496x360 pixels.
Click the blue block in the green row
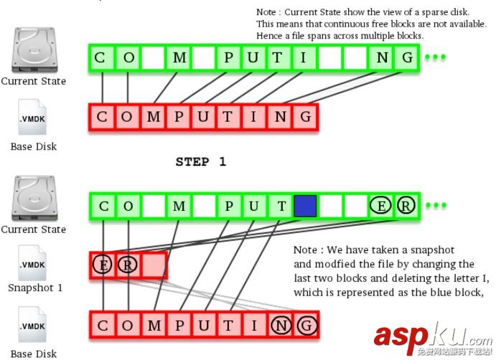pyautogui.click(x=304, y=207)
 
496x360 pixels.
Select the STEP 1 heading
pyautogui.click(x=200, y=161)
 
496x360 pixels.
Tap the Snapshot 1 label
pyautogui.click(x=35, y=288)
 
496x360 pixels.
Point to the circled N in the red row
pyautogui.click(x=281, y=325)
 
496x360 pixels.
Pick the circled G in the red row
pyautogui.click(x=306, y=325)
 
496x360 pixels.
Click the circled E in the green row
pyautogui.click(x=381, y=207)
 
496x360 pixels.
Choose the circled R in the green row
pyautogui.click(x=406, y=207)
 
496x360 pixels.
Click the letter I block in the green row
pyautogui.click(x=304, y=57)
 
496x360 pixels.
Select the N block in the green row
pyautogui.click(x=381, y=57)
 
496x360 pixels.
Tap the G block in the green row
pyautogui.click(x=407, y=57)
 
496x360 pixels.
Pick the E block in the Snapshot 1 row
pyautogui.click(x=103, y=265)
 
